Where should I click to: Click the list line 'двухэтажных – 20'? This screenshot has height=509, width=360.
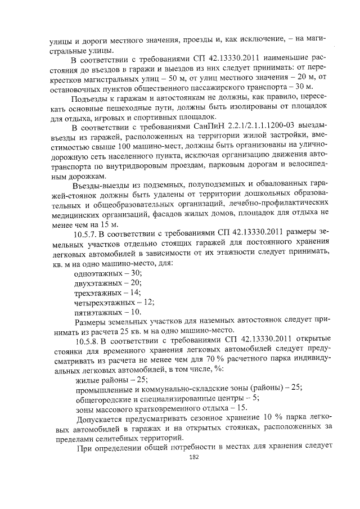pyautogui.click(x=104, y=282)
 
